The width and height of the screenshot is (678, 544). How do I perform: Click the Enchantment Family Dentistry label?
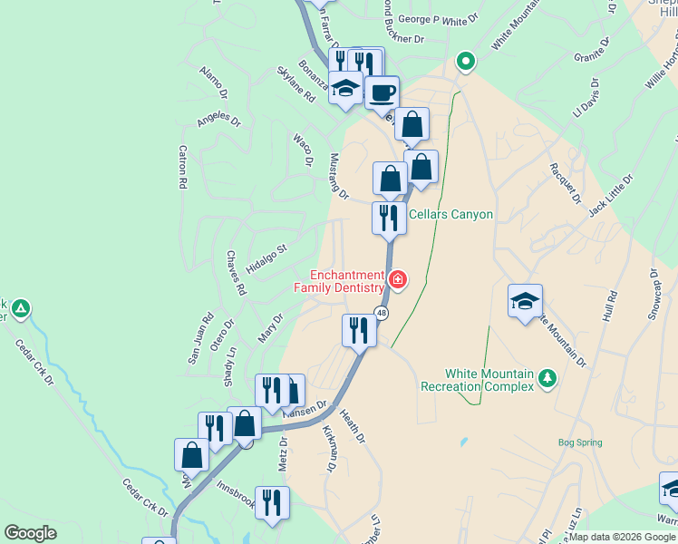tap(347, 281)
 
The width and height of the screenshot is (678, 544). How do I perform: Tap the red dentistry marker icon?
tap(398, 279)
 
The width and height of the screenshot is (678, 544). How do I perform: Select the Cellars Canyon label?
tap(450, 215)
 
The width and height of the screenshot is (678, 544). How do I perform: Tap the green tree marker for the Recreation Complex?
tap(547, 378)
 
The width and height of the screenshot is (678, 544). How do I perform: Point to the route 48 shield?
tap(383, 314)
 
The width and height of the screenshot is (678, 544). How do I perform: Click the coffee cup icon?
tap(383, 92)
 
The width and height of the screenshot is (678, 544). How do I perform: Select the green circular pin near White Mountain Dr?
tap(466, 62)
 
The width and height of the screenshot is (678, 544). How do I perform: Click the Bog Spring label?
tap(579, 443)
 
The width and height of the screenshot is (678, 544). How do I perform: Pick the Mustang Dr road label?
tap(339, 175)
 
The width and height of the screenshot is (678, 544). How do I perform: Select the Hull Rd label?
tap(609, 308)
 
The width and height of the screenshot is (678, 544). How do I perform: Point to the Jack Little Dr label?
tap(608, 196)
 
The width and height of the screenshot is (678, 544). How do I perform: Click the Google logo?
tap(31, 533)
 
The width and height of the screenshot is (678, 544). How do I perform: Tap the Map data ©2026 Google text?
tap(622, 537)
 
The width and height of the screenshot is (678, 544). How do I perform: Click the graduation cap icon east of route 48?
tap(525, 301)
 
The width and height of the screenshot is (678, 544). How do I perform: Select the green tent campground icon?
tap(20, 310)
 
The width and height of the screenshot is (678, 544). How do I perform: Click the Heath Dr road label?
tap(353, 426)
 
